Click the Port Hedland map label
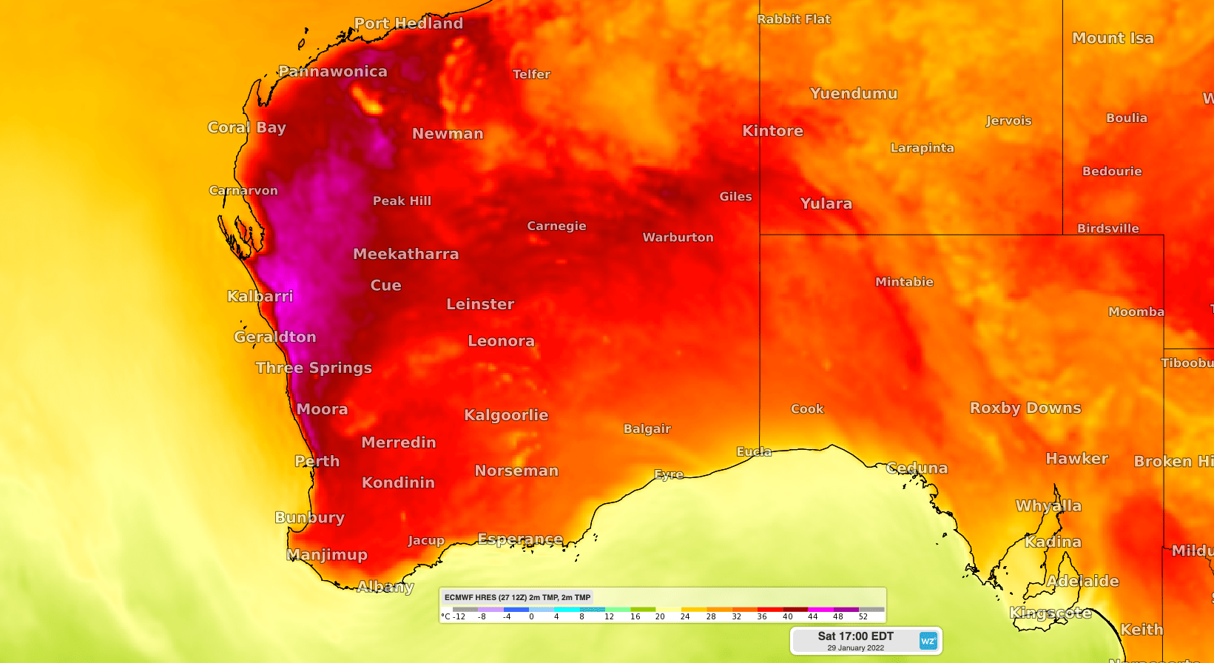(408, 24)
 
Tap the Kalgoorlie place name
(506, 415)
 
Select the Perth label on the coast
(317, 461)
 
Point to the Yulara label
(826, 203)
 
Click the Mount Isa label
(1113, 38)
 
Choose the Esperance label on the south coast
(520, 539)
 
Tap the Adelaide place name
(1082, 581)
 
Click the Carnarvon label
(243, 191)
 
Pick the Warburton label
(678, 238)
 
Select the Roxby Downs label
(1025, 408)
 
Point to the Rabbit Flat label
(794, 19)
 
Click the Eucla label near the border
(754, 451)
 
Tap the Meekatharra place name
(405, 254)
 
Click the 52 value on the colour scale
(863, 616)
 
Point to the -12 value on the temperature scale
(459, 616)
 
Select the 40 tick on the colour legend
(787, 616)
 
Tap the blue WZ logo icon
(928, 641)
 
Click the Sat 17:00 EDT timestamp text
(855, 636)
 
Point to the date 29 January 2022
(855, 648)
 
